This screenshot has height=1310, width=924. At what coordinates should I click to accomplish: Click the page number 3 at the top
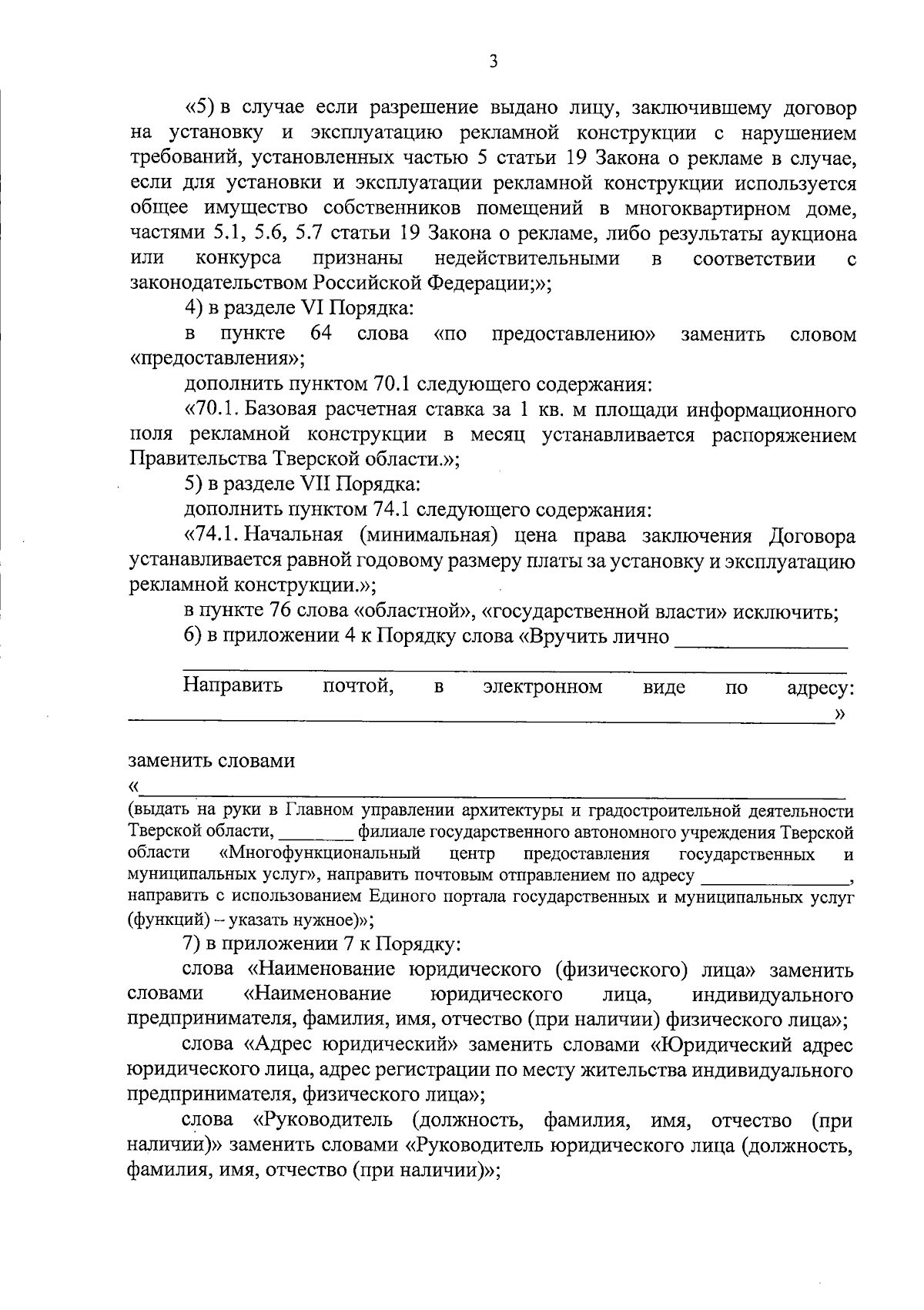pyautogui.click(x=493, y=62)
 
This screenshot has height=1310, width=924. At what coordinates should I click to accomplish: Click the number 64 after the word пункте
pyautogui.click(x=322, y=333)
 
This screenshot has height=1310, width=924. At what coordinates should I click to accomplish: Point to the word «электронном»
pyautogui.click(x=542, y=686)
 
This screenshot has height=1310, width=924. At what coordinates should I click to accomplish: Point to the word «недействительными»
pyautogui.click(x=527, y=259)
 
